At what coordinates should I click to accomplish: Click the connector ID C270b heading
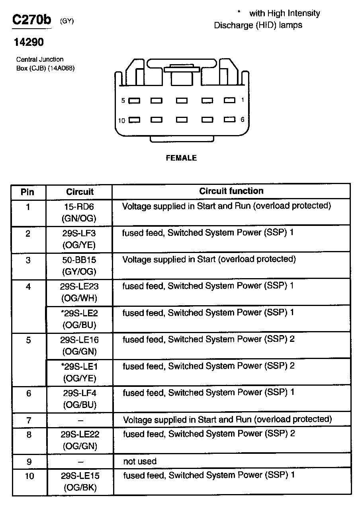[32, 20]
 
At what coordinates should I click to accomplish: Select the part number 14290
[29, 42]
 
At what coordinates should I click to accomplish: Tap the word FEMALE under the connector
[181, 158]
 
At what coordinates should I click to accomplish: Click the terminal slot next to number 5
[135, 101]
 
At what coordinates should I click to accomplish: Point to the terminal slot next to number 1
[229, 100]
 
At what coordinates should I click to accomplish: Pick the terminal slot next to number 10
[135, 120]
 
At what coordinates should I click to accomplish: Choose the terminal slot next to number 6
[229, 119]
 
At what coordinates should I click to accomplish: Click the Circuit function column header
[231, 191]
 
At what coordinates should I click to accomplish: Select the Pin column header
[27, 192]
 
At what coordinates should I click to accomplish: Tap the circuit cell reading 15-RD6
[79, 212]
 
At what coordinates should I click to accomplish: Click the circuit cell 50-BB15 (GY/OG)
[79, 266]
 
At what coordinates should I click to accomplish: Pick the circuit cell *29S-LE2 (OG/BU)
[79, 319]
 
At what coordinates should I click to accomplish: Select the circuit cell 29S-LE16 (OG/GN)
[79, 346]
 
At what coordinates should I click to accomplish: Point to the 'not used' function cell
[140, 462]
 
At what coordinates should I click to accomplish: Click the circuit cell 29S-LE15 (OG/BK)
[80, 481]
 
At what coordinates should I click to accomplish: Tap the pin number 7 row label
[28, 420]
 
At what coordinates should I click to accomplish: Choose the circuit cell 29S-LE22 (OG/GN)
[80, 440]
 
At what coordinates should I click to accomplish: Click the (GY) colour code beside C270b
[67, 22]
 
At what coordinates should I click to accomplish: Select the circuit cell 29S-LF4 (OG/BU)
[80, 399]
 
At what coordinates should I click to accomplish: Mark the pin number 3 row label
[28, 261]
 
